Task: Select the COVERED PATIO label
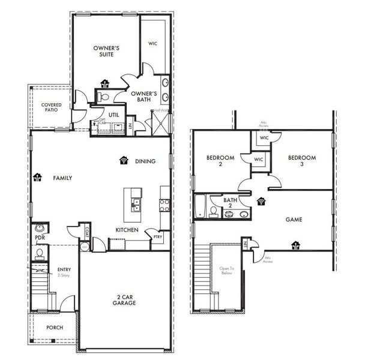click(52, 108)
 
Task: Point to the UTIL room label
click(113, 114)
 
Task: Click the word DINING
click(145, 161)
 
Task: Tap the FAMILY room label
click(62, 178)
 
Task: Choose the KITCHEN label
click(127, 230)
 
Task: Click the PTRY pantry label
click(157, 236)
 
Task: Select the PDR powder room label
click(40, 238)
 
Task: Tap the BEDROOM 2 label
click(219, 161)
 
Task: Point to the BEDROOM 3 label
click(301, 161)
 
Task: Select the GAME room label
click(294, 220)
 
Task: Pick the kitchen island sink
click(136, 203)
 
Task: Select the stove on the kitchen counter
click(164, 204)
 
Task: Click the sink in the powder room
click(40, 229)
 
